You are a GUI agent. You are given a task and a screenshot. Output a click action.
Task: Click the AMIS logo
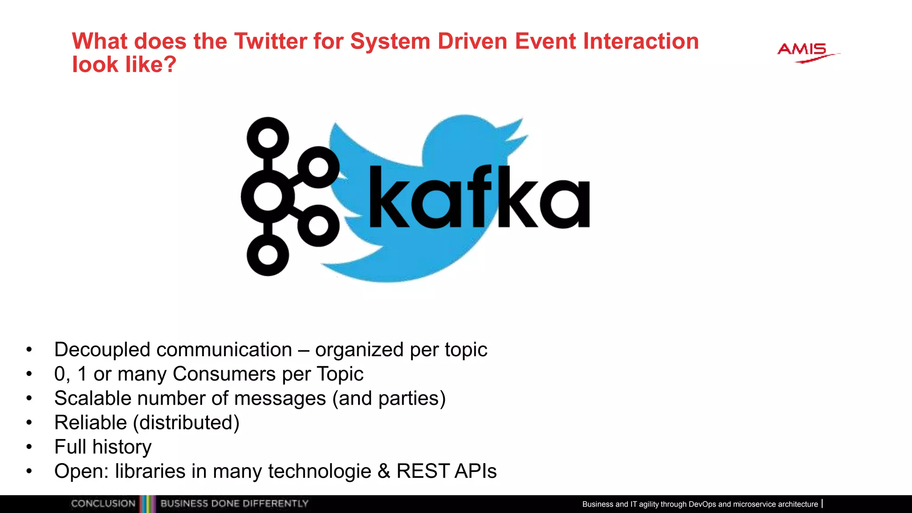[804, 52]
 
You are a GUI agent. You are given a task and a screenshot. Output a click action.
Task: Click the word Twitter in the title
[270, 41]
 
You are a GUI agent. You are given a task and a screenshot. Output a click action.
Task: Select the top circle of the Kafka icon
[268, 138]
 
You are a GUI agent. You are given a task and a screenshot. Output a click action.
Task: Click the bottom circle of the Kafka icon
[268, 255]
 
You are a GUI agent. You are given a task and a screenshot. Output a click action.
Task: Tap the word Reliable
[90, 423]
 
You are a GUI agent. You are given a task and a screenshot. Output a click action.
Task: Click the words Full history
[103, 447]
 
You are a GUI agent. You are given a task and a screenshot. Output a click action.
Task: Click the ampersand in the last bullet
[383, 471]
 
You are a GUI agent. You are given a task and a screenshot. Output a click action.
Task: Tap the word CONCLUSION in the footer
[103, 504]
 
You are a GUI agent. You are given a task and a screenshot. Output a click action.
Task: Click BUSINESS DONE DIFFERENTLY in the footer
[234, 504]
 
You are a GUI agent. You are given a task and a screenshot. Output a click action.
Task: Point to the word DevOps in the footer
[702, 504]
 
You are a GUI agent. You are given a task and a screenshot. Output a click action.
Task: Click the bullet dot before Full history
[29, 447]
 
